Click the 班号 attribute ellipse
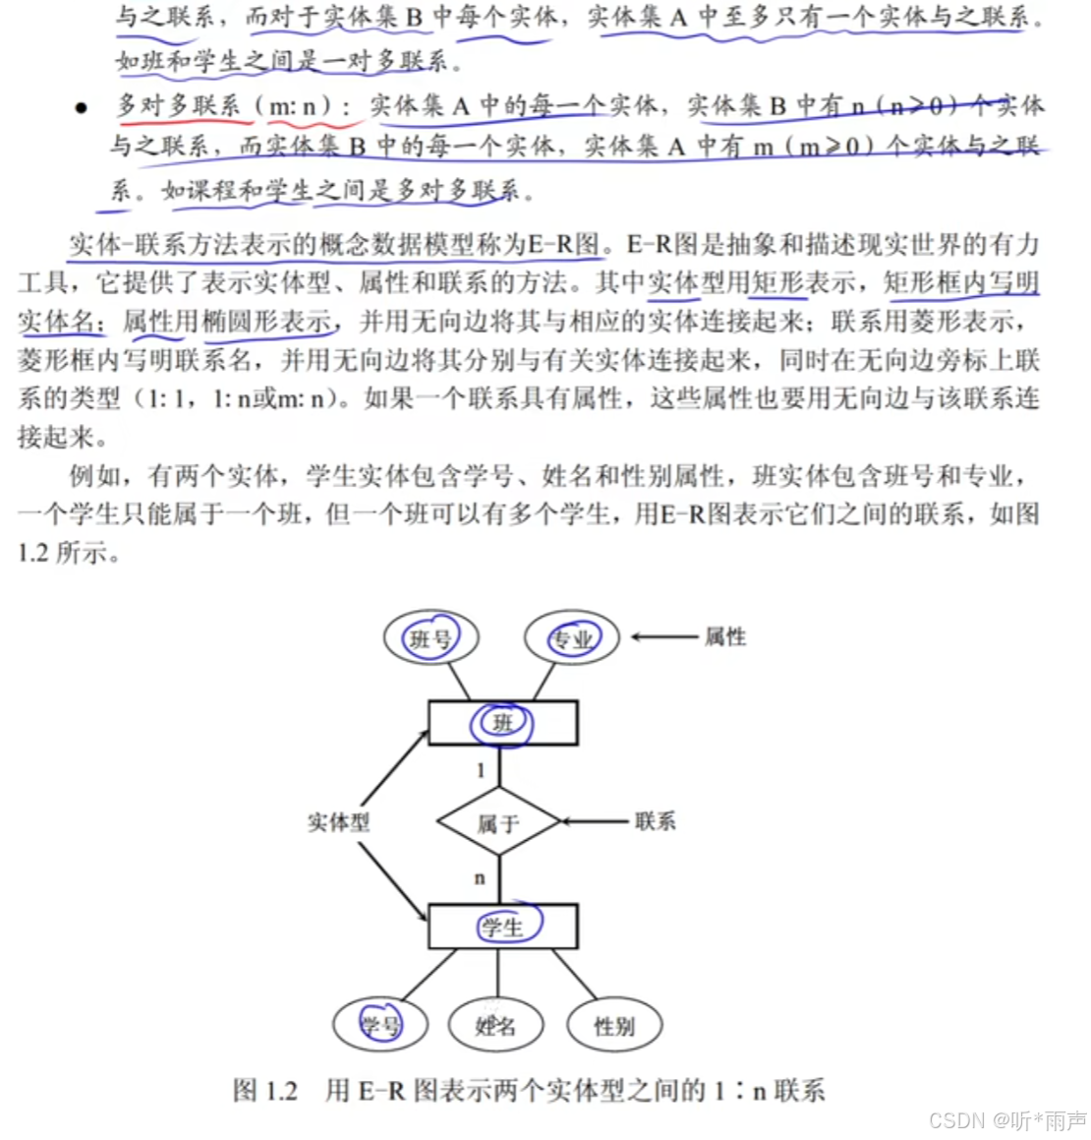point(430,638)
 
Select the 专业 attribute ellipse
point(571,638)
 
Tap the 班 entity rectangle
point(502,724)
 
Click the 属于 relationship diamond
point(498,821)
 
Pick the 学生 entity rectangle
point(502,927)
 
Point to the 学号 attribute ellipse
point(379,1025)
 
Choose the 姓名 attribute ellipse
point(496,1025)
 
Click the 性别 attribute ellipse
point(614,1026)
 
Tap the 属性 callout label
point(725,637)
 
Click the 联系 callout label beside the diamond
point(655,820)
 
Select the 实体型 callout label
point(338,822)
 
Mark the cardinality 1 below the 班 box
point(481,770)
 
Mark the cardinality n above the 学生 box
point(480,877)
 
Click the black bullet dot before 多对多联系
point(82,107)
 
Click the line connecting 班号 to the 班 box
point(460,681)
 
